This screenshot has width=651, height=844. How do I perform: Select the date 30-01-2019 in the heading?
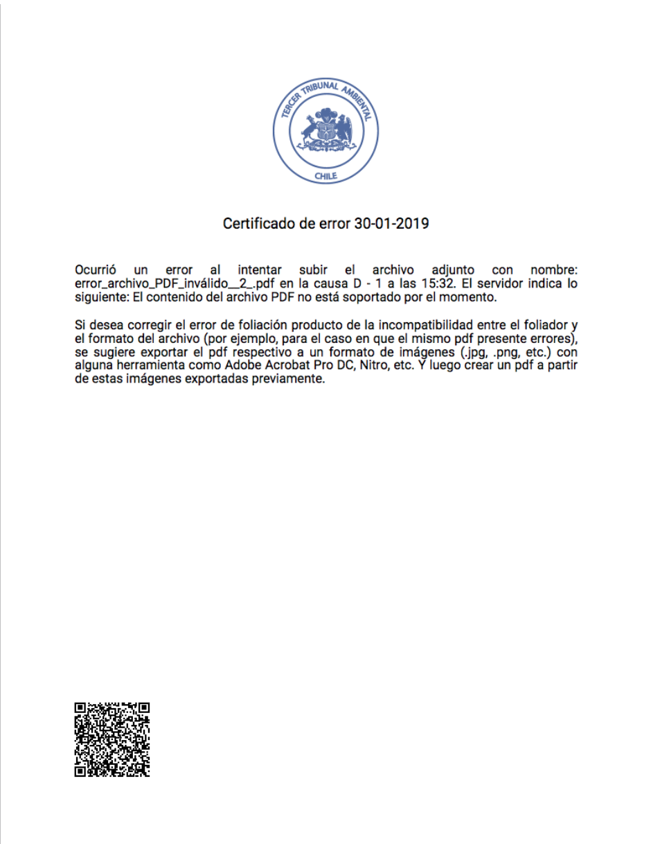[391, 224]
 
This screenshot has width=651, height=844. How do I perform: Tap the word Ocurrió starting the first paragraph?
[96, 270]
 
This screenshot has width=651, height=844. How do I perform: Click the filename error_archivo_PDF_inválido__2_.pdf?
[176, 283]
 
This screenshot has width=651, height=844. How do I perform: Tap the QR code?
[112, 739]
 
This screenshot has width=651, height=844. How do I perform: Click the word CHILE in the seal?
[325, 176]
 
